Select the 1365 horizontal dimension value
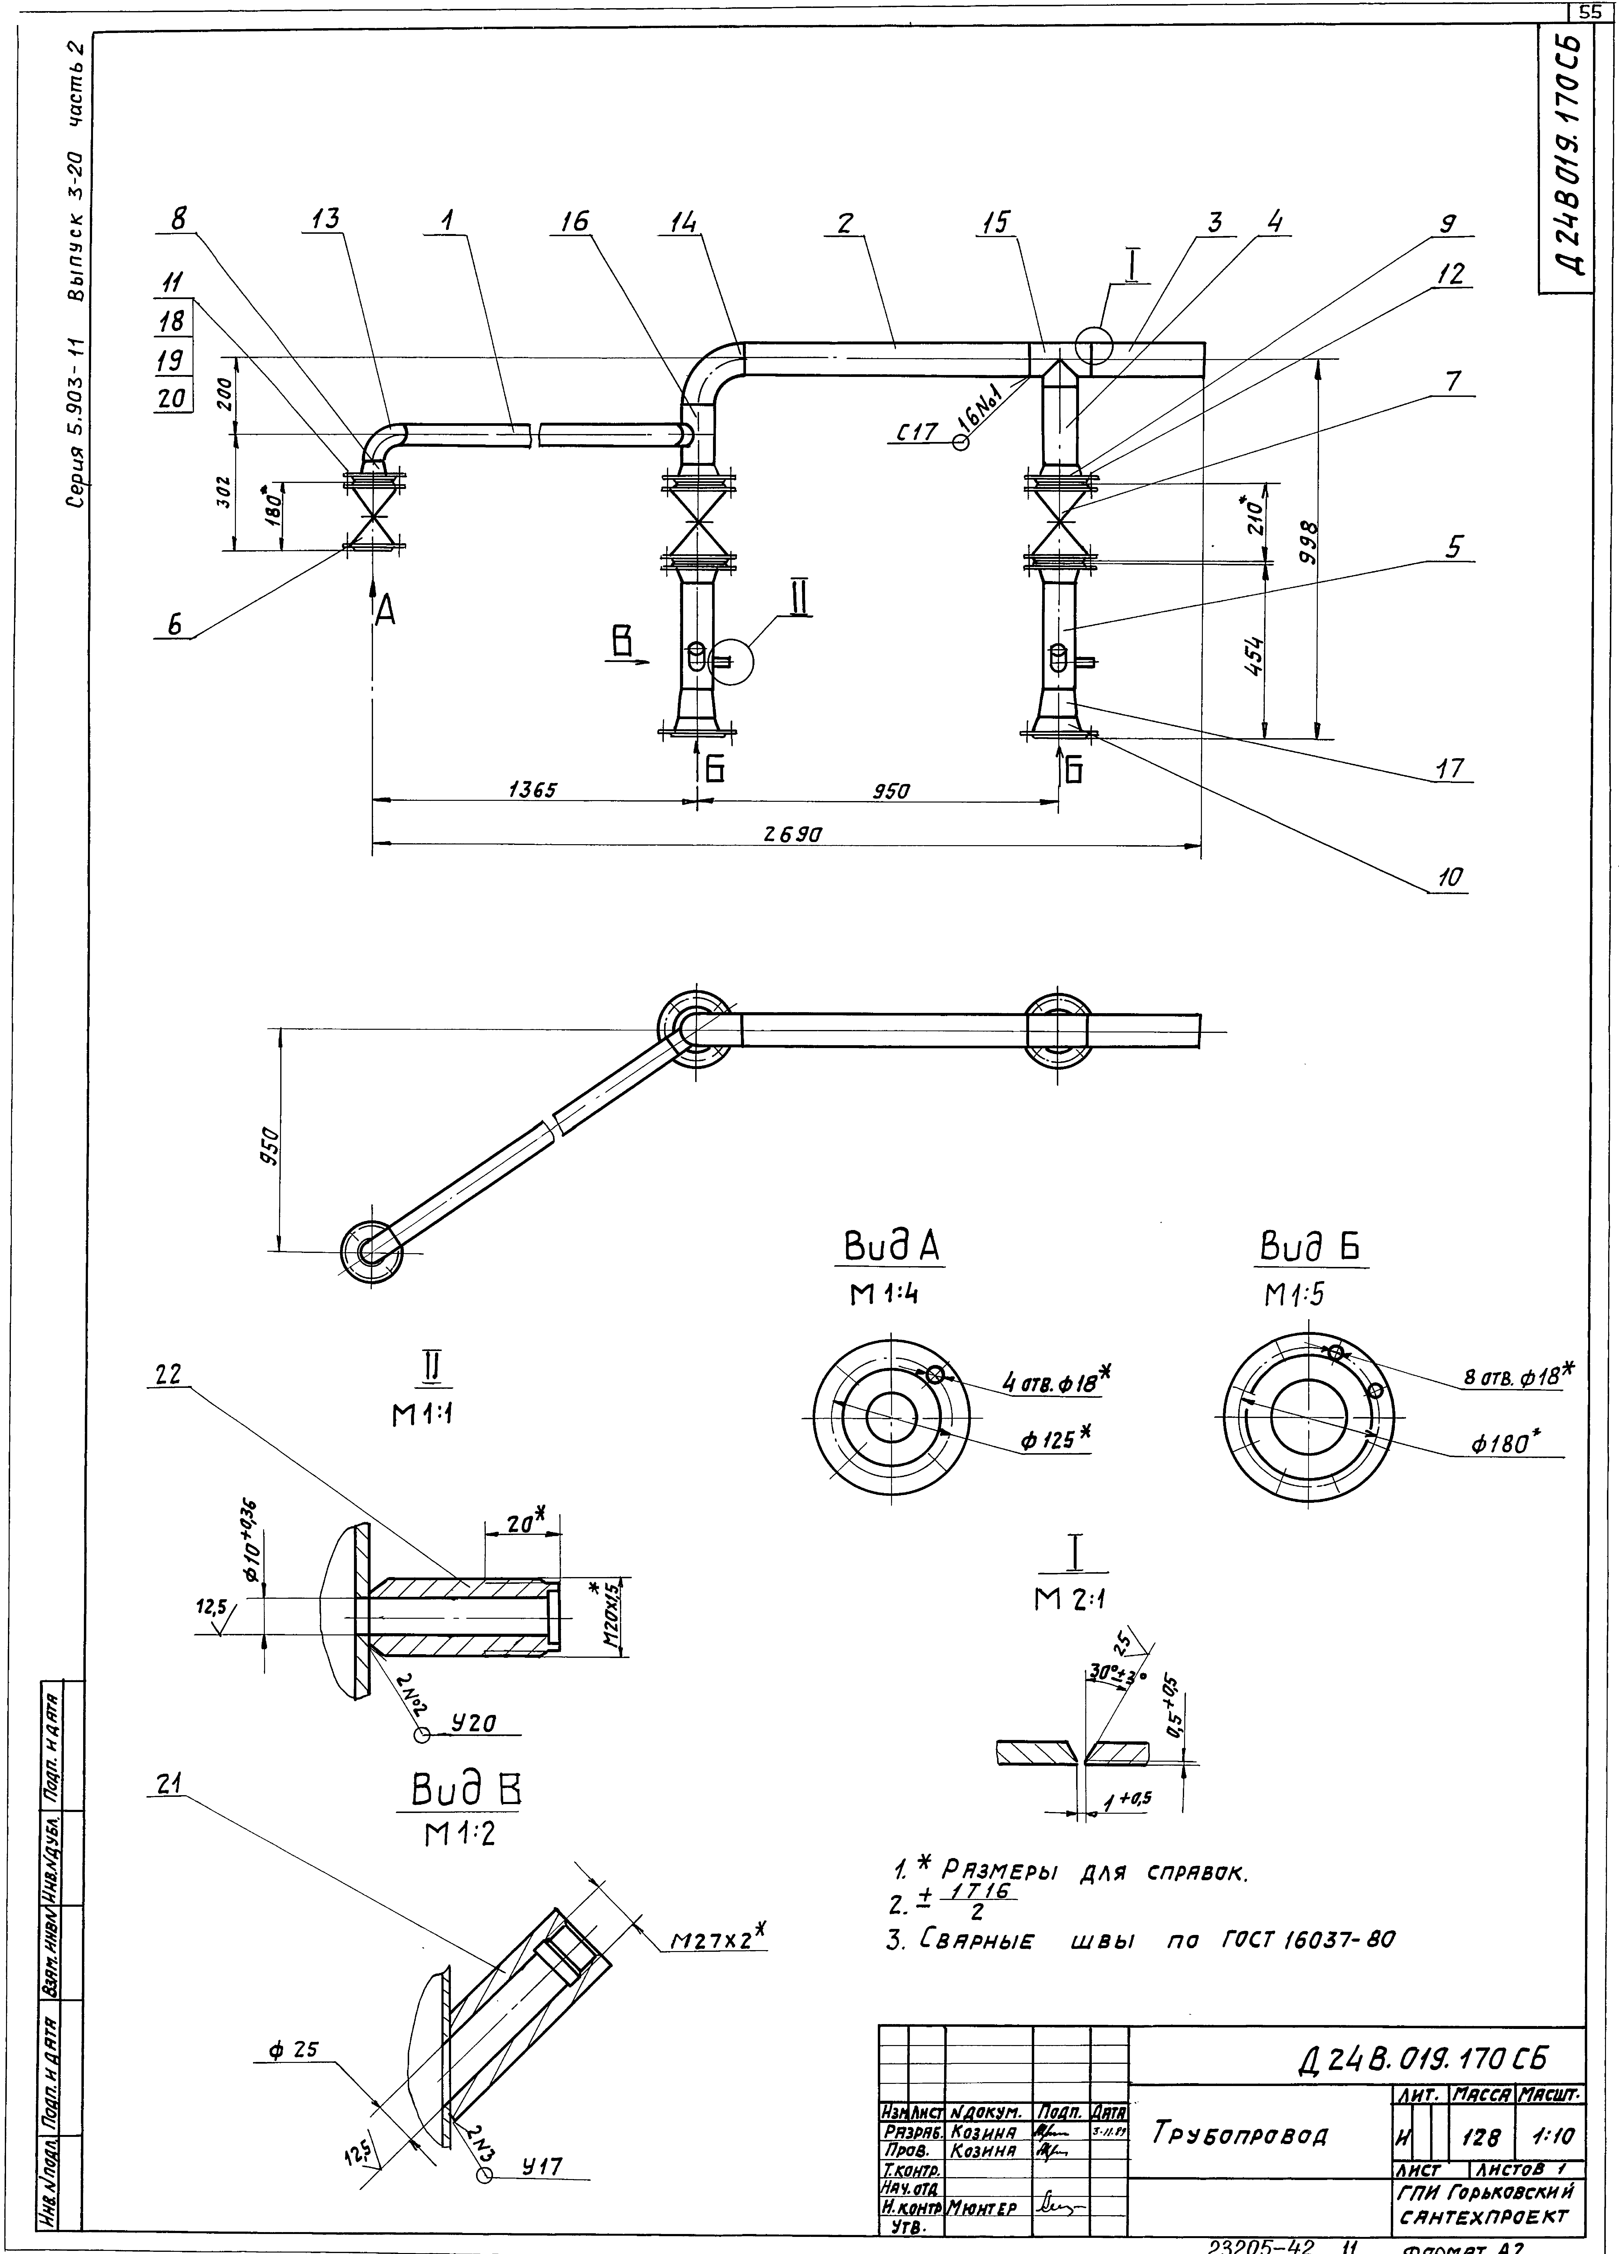pos(532,790)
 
